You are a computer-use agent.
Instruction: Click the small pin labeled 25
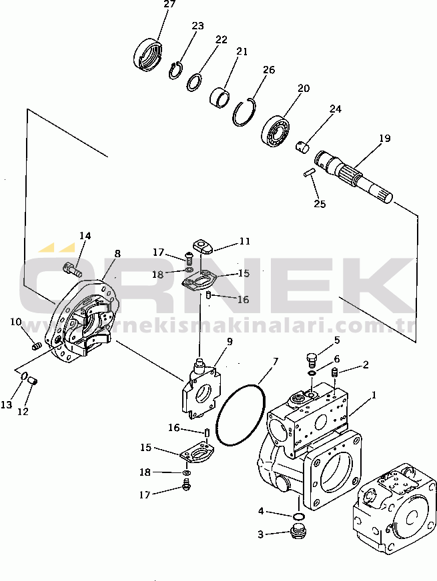pyautogui.click(x=309, y=173)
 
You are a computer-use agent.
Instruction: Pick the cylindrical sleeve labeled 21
pyautogui.click(x=220, y=97)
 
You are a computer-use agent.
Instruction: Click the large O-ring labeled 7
pyautogui.click(x=240, y=415)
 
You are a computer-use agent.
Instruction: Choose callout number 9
pyautogui.click(x=230, y=341)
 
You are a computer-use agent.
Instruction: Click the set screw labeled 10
pyautogui.click(x=35, y=347)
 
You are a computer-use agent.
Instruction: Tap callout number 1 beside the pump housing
pyautogui.click(x=374, y=395)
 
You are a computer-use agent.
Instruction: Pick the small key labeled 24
pyautogui.click(x=302, y=146)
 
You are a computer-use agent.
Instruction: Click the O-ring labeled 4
pyautogui.click(x=298, y=516)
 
